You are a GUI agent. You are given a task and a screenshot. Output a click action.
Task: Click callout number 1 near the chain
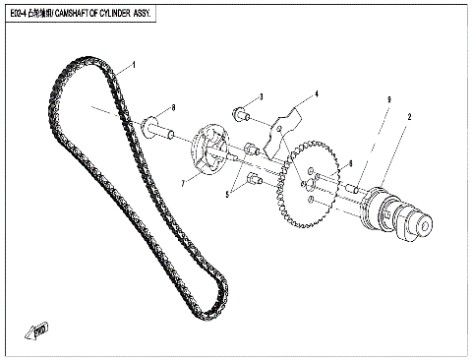(x=134, y=65)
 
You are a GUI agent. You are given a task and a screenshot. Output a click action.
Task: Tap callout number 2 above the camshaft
(x=409, y=117)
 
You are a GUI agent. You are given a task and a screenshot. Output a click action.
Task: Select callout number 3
(x=261, y=97)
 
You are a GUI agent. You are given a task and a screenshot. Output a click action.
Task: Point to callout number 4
(x=317, y=95)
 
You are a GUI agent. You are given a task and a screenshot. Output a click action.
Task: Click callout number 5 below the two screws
(x=227, y=196)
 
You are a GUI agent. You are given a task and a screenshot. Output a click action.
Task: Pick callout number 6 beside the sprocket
(x=349, y=163)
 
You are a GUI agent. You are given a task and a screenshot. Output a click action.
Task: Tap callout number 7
(x=183, y=183)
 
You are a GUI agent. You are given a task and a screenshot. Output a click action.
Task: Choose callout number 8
(x=173, y=107)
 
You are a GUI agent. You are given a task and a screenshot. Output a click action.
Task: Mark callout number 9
(x=388, y=100)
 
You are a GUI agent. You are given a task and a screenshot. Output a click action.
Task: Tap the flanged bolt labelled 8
(x=156, y=128)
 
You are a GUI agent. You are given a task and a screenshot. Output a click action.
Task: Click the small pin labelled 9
(x=351, y=186)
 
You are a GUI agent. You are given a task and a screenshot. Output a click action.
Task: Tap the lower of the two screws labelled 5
(x=253, y=179)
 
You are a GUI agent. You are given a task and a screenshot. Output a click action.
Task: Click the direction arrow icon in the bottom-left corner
(x=40, y=330)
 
